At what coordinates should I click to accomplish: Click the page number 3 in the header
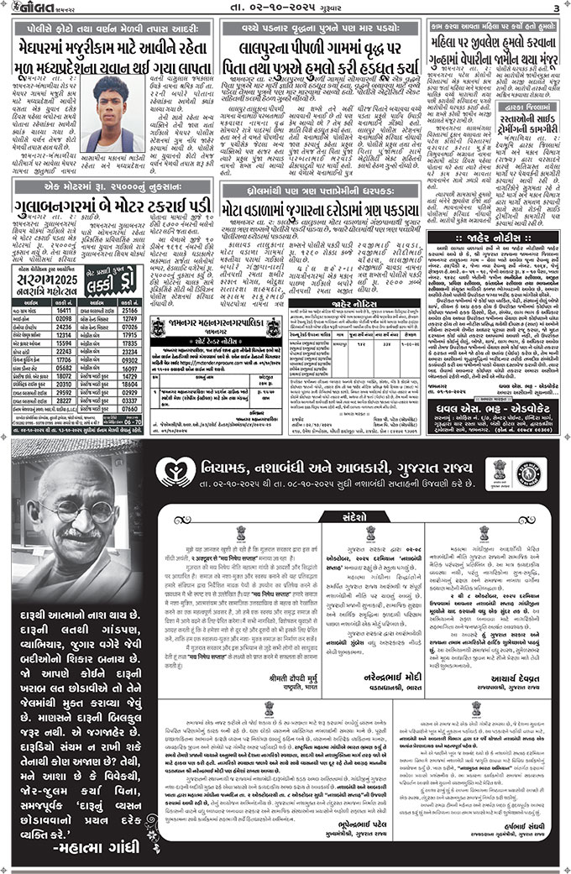tap(556, 8)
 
